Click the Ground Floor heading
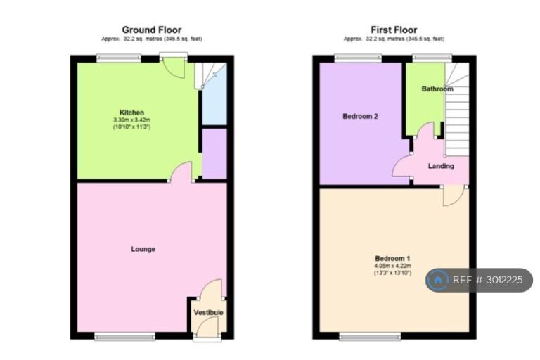pyautogui.click(x=152, y=30)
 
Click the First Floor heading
pyautogui.click(x=394, y=30)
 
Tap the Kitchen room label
pyautogui.click(x=131, y=112)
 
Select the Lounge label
pyautogui.click(x=143, y=249)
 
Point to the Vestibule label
pyautogui.click(x=208, y=312)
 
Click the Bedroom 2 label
pyautogui.click(x=360, y=117)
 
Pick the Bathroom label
pyautogui.click(x=437, y=89)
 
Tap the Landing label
pyautogui.click(x=441, y=166)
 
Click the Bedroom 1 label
pyautogui.click(x=392, y=258)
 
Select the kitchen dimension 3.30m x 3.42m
pyautogui.click(x=132, y=120)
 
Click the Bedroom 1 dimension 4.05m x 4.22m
pyautogui.click(x=392, y=266)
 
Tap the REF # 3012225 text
pyautogui.click(x=488, y=280)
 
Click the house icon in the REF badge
pyautogui.click(x=438, y=280)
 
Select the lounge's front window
pyautogui.click(x=125, y=336)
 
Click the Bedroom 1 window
pyautogui.click(x=371, y=336)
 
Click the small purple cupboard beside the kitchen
pyautogui.click(x=214, y=154)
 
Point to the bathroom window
pyautogui.click(x=432, y=58)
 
